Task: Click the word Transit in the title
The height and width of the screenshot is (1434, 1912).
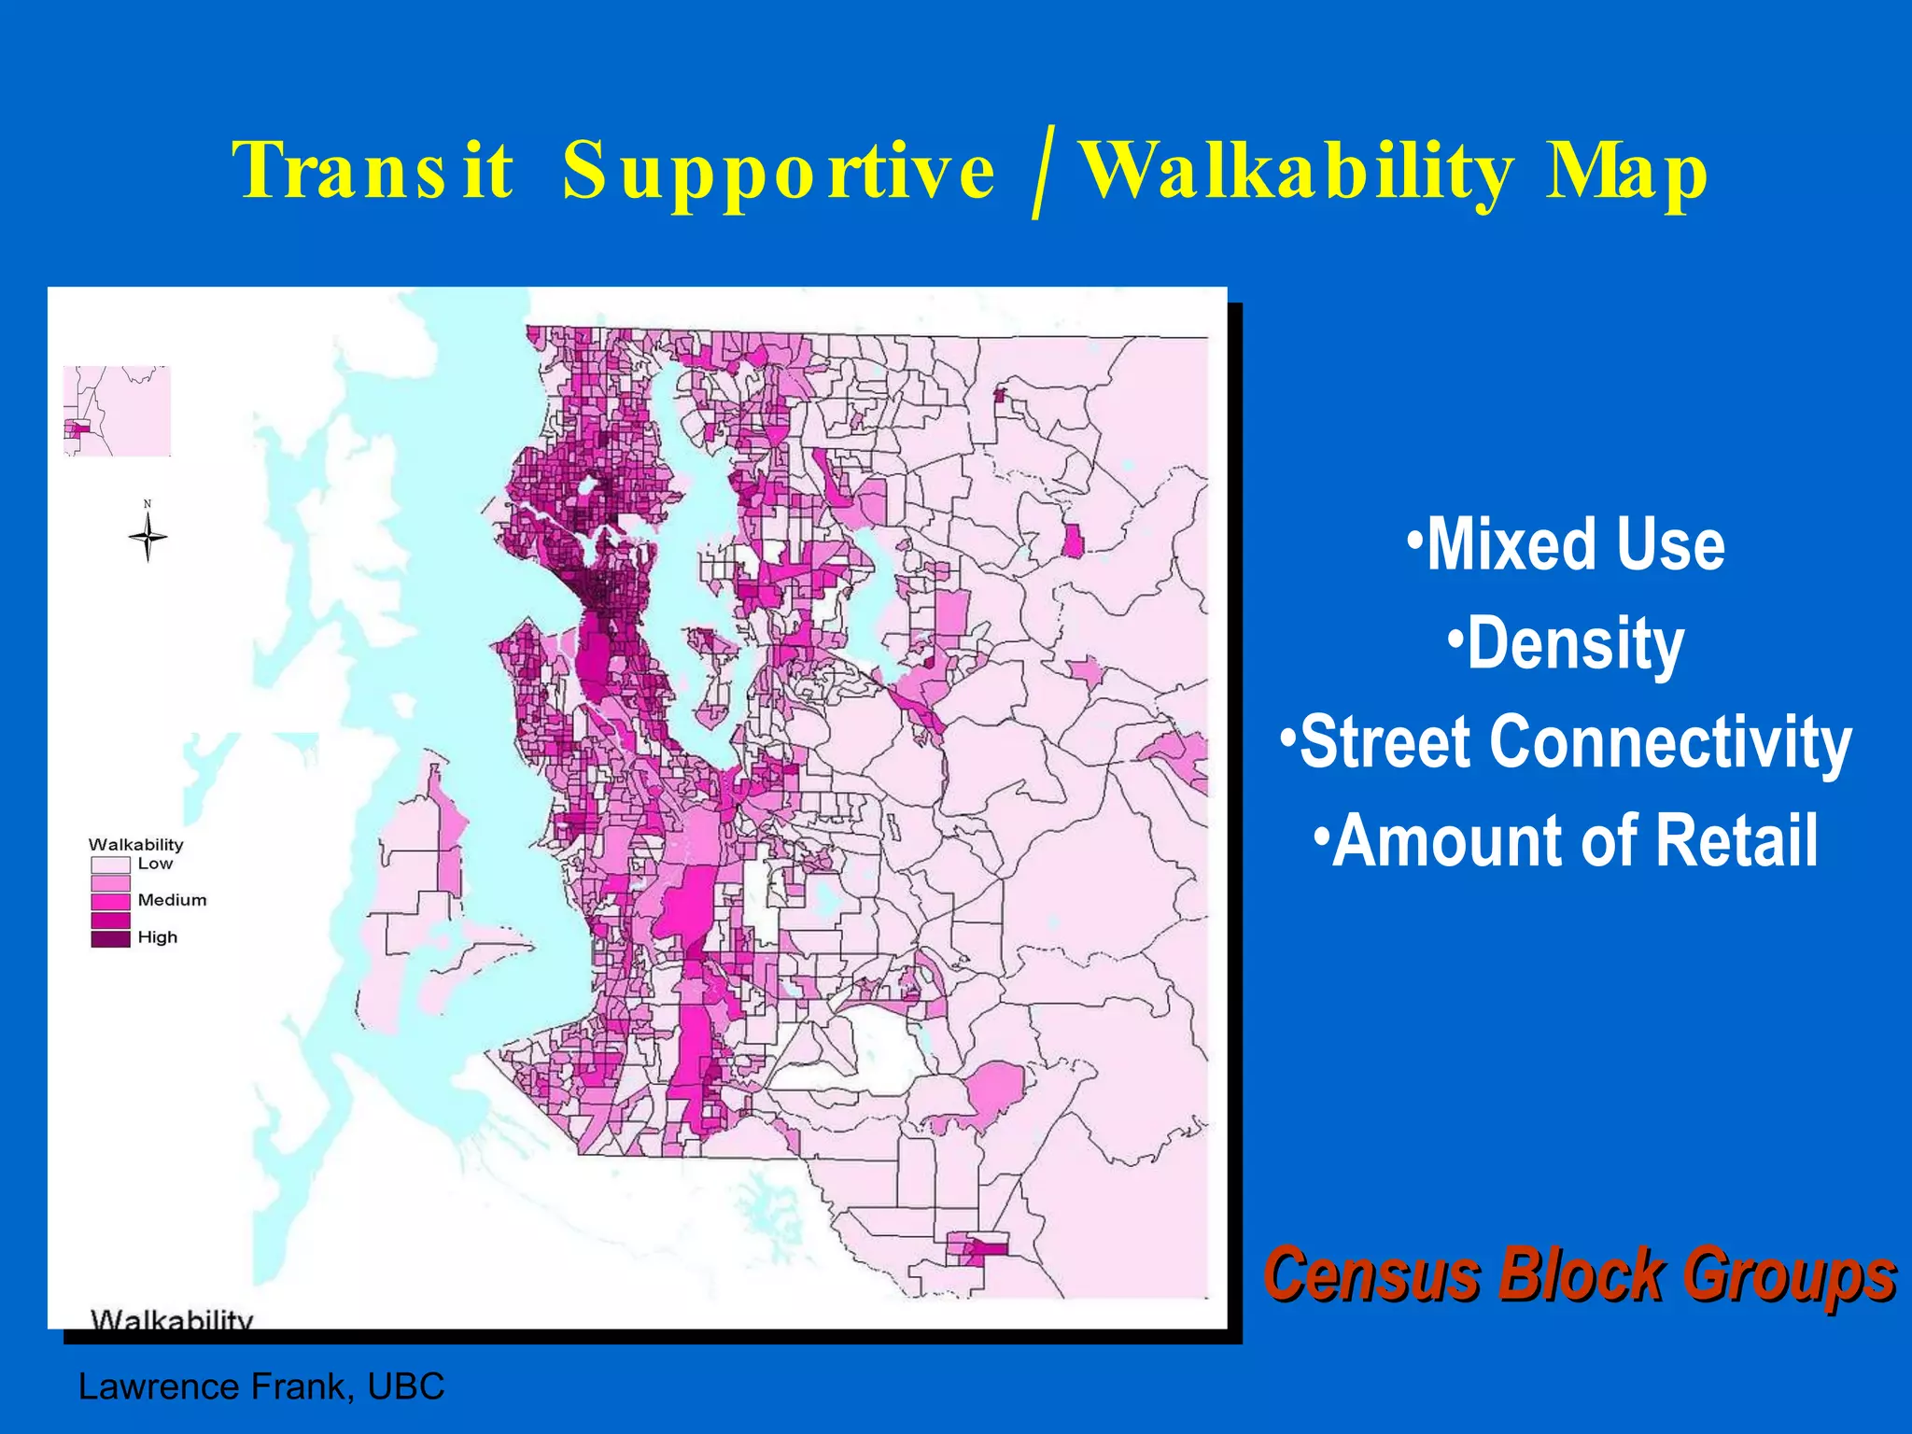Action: click(x=373, y=170)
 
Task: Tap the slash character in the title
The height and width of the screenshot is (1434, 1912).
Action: click(x=1043, y=173)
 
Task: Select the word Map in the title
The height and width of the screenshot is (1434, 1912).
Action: click(x=1625, y=173)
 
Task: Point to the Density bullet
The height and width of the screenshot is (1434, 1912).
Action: click(x=1566, y=643)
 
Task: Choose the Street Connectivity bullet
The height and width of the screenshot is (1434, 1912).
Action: click(x=1566, y=742)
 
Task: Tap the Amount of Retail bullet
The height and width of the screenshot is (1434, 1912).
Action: click(x=1566, y=841)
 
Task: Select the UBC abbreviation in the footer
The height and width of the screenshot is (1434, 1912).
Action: click(x=406, y=1386)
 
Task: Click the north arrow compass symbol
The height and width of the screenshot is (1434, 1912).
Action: click(x=148, y=537)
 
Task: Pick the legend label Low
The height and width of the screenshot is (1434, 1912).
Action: click(x=155, y=864)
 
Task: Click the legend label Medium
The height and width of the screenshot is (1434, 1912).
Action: click(x=172, y=900)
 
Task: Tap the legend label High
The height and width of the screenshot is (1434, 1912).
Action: click(x=157, y=936)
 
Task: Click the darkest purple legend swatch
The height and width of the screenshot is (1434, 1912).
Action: click(x=110, y=939)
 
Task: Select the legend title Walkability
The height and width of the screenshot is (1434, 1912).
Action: click(x=136, y=844)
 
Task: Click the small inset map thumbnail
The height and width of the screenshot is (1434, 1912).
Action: click(x=117, y=411)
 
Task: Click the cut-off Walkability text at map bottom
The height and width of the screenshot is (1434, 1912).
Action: click(x=172, y=1318)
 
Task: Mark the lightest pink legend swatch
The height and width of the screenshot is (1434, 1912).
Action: click(x=110, y=865)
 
